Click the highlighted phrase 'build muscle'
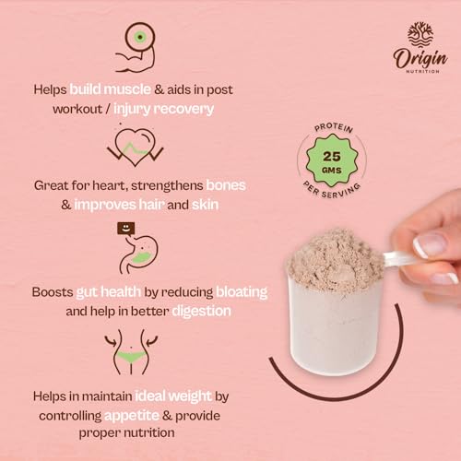pos(124,89)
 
